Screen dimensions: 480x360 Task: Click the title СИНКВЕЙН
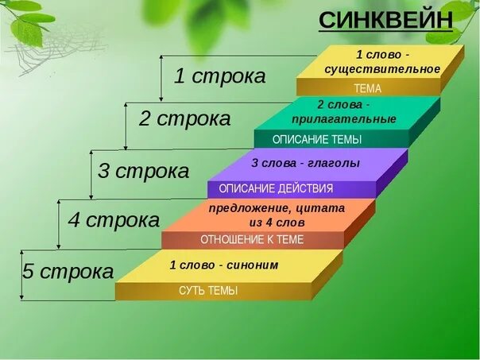[x=385, y=20]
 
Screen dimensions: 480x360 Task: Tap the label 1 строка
[x=220, y=76]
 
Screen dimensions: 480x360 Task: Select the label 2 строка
[x=184, y=119]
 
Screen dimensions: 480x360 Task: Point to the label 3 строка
[x=143, y=171]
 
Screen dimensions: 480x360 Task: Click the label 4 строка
[x=114, y=219]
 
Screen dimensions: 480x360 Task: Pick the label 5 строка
[x=68, y=271]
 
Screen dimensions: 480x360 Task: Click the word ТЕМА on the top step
[x=367, y=89]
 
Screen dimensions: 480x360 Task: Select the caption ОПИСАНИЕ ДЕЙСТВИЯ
[x=276, y=189]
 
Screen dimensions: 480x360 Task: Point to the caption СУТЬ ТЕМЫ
[x=207, y=291]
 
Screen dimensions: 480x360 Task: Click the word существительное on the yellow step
[x=382, y=69]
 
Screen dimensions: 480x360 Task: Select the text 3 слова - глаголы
[x=305, y=163]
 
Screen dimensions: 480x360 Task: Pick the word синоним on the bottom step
[x=251, y=265]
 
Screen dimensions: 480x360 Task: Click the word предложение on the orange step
[x=249, y=208]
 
